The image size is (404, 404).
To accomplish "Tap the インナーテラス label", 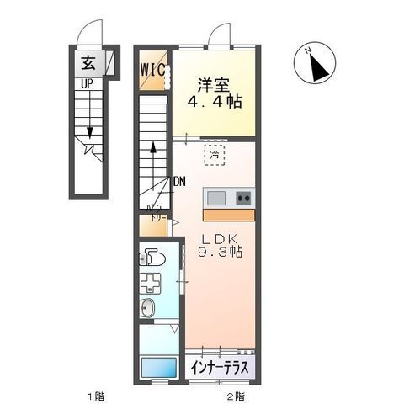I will [x=218, y=368].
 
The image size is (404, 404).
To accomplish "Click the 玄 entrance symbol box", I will [x=88, y=61].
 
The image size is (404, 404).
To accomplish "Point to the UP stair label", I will [x=87, y=83].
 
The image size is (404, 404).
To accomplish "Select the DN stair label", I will [x=179, y=181].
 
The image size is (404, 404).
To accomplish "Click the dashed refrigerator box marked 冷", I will [x=215, y=155].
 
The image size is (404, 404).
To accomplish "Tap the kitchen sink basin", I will [x=216, y=198].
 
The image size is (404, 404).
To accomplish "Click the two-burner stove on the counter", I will [x=243, y=198].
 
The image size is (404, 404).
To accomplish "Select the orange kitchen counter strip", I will [x=228, y=213].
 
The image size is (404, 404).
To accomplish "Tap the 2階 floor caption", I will [x=235, y=395].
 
